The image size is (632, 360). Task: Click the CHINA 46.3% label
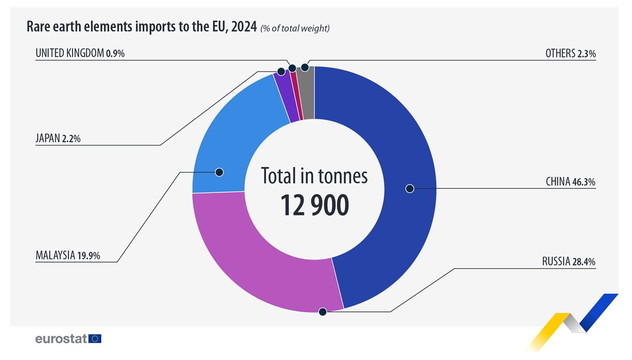[570, 182]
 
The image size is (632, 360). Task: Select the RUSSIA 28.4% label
[568, 261]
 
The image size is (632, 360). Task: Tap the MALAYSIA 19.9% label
[68, 255]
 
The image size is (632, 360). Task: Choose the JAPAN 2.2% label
[58, 138]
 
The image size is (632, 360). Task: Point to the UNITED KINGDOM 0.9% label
[80, 53]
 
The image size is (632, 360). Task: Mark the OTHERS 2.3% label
[570, 53]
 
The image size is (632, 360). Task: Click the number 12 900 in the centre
[314, 205]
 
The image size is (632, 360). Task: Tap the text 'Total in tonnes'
[314, 176]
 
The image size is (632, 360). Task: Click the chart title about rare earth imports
[142, 27]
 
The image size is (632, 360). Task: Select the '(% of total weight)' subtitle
[295, 28]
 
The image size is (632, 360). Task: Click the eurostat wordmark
[61, 339]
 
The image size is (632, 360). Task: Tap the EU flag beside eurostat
[95, 338]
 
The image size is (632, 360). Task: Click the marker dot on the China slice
[410, 188]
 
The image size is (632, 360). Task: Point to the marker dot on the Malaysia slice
[219, 172]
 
